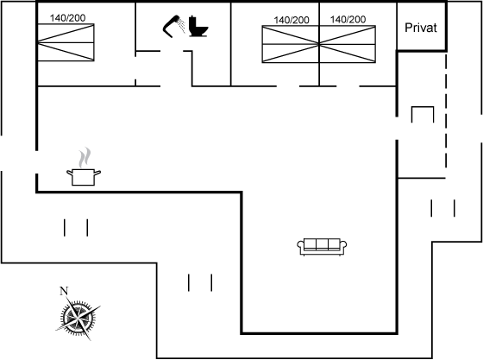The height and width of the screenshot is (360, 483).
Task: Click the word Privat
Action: tap(421, 28)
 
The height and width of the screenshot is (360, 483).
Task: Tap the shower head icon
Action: tap(172, 26)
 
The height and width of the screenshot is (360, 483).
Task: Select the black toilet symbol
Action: tap(198, 26)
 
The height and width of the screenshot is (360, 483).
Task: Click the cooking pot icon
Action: tap(84, 177)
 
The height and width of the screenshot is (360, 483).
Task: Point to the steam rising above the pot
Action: tap(85, 157)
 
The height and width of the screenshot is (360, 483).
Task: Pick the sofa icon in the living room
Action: tap(322, 247)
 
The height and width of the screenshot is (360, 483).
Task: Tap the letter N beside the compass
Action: tap(64, 291)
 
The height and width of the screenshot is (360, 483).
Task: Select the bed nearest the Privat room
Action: tap(348, 44)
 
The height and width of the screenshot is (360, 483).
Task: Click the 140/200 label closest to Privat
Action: tap(348, 19)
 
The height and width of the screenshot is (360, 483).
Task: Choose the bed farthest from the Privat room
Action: tap(66, 42)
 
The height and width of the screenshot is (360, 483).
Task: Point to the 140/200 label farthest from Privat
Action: tap(67, 18)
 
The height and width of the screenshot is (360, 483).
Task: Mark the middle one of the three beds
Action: tap(291, 44)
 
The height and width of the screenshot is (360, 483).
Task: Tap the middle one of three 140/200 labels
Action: tap(292, 20)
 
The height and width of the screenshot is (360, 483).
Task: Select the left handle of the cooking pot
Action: tap(70, 173)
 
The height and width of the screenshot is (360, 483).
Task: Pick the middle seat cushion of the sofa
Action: tap(322, 244)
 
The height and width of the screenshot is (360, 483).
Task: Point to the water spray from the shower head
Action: tap(182, 25)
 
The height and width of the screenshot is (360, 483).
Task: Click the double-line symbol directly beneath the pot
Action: tap(76, 228)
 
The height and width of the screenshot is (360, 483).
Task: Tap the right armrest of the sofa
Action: tap(343, 246)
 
